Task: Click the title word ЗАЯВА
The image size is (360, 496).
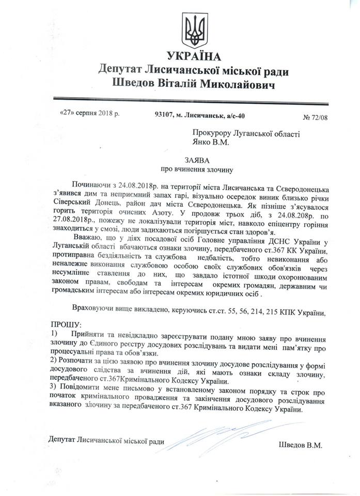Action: (x=192, y=161)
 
